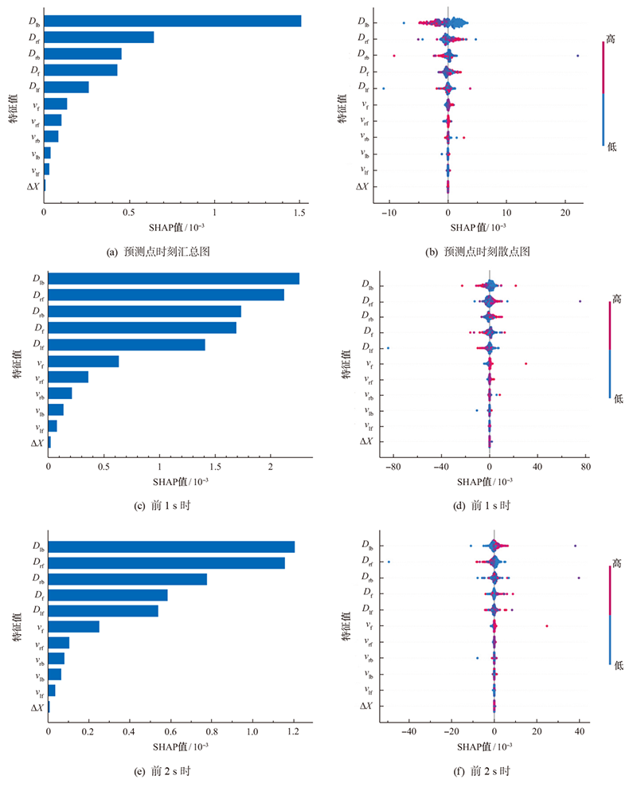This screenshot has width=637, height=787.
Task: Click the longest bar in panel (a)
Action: (172, 21)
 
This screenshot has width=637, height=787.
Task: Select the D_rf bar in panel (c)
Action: (166, 295)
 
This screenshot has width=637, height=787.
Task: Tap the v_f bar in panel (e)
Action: (73, 627)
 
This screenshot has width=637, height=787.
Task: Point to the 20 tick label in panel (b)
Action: (565, 213)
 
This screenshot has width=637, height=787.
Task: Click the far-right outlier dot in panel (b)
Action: (577, 55)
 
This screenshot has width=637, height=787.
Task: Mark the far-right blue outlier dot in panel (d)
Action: (580, 301)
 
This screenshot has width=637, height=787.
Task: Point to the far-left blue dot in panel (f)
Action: (389, 562)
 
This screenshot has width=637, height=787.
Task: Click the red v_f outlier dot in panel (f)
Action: (547, 626)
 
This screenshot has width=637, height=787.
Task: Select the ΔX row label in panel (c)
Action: (37, 443)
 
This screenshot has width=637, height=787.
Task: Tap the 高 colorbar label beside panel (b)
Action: (611, 37)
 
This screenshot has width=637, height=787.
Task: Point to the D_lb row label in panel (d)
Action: (367, 285)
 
